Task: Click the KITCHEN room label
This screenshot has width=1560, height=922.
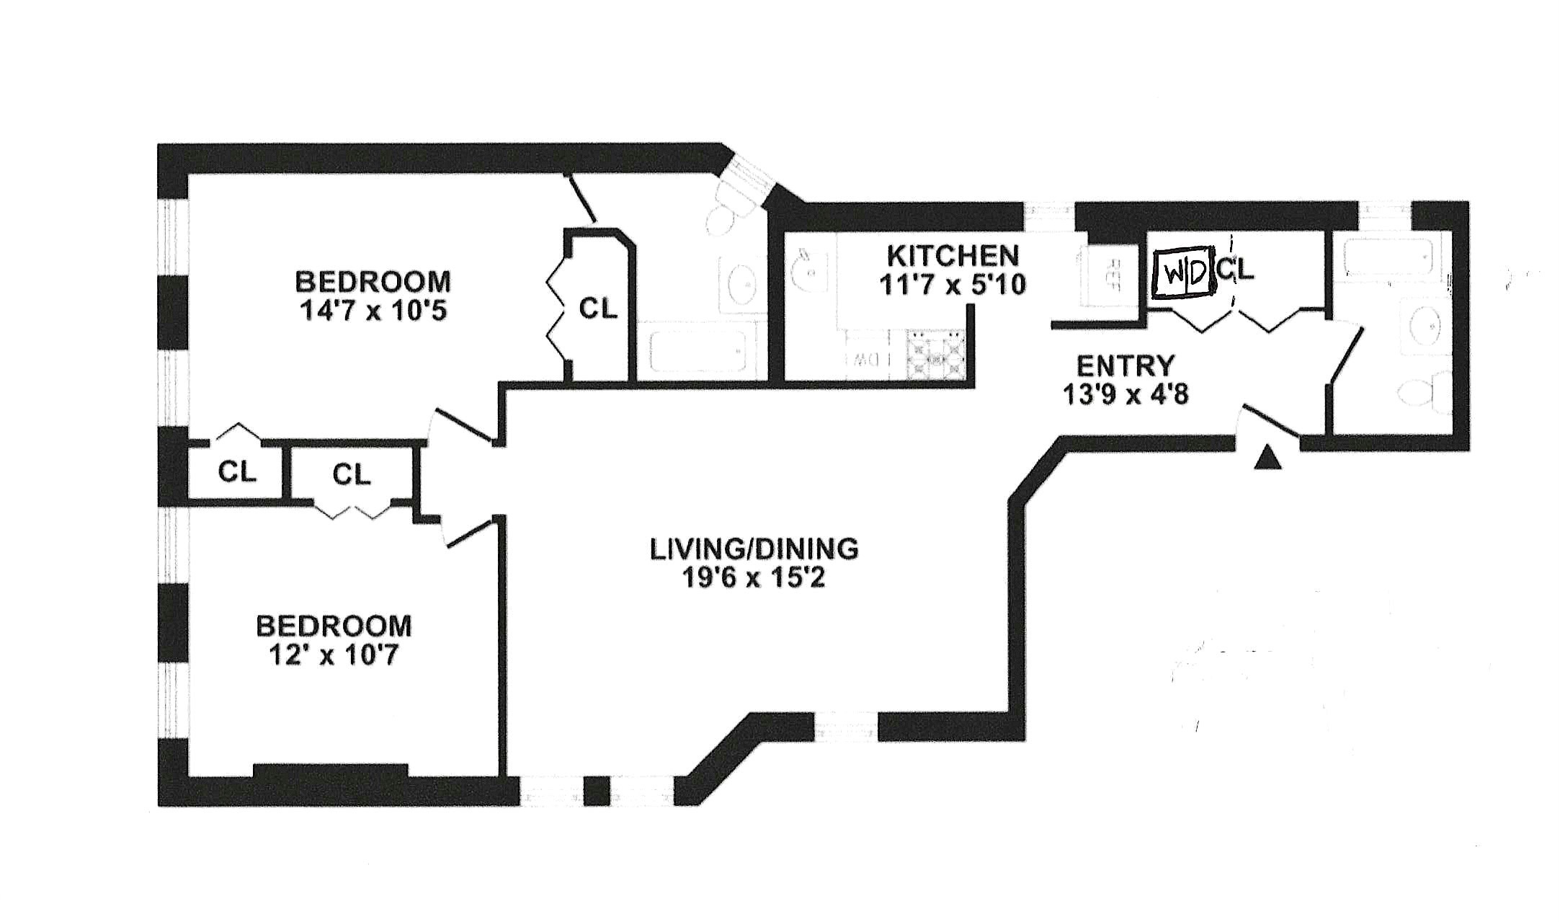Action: pos(952,255)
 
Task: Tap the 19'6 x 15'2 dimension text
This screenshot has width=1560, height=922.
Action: pos(754,578)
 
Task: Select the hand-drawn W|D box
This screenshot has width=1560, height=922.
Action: pos(1182,273)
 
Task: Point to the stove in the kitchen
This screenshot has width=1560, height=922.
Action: pos(935,355)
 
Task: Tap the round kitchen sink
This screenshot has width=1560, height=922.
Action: pos(806,268)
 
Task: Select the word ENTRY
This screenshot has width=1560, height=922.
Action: pos(1125,366)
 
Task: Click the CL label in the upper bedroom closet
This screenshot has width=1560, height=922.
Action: pos(599,309)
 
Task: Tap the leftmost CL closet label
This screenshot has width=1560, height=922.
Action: pos(237,472)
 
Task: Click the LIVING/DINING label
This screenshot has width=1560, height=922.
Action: pos(754,549)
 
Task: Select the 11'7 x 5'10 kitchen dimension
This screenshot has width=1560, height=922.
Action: pos(952,285)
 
